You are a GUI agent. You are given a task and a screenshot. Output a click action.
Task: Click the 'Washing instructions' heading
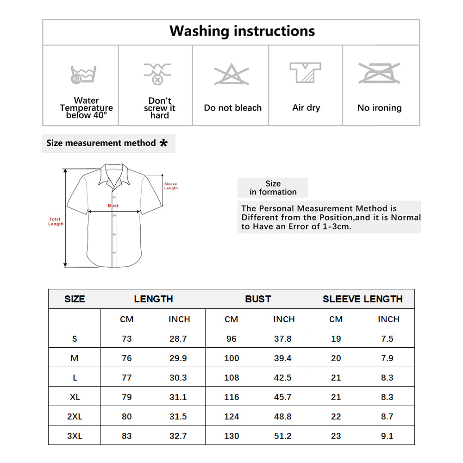pyautogui.click(x=242, y=31)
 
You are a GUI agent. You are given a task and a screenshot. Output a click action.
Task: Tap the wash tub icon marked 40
pyautogui.click(x=83, y=74)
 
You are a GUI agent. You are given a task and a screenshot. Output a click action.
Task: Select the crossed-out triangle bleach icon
pyautogui.click(x=231, y=75)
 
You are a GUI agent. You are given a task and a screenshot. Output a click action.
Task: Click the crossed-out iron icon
pyautogui.click(x=379, y=73)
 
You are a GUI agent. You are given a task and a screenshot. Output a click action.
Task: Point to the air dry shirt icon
pyautogui.click(x=305, y=73)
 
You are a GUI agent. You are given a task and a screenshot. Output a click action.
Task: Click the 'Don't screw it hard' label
pyautogui.click(x=160, y=108)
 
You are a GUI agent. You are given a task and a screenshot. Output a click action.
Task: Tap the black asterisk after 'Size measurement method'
pyautogui.click(x=163, y=143)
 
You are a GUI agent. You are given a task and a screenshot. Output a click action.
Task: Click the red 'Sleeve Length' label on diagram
pyautogui.click(x=171, y=186)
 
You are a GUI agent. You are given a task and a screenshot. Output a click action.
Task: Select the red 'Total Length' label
pyautogui.click(x=56, y=221)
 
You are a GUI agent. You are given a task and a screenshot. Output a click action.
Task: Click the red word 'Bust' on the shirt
pyautogui.click(x=113, y=206)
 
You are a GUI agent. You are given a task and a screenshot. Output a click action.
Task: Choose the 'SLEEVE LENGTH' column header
pyautogui.click(x=363, y=299)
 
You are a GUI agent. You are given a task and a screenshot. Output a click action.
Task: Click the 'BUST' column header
pyautogui.click(x=258, y=299)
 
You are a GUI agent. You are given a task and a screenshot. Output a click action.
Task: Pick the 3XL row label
pyautogui.click(x=75, y=436)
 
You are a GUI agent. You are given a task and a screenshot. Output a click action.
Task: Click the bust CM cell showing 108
pyautogui.click(x=231, y=377)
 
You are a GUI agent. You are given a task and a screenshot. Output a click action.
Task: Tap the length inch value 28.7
pyautogui.click(x=178, y=338)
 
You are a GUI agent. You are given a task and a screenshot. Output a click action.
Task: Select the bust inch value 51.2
pyautogui.click(x=283, y=436)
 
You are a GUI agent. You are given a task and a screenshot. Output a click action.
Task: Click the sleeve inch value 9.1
pyautogui.click(x=387, y=436)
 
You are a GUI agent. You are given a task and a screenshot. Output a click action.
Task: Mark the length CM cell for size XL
pyautogui.click(x=126, y=397)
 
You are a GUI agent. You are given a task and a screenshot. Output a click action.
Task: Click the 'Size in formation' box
pyautogui.click(x=273, y=188)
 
